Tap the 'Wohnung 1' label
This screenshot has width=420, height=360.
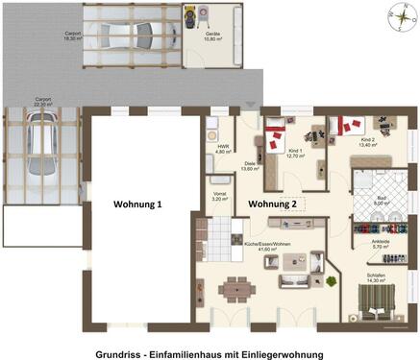[138, 204]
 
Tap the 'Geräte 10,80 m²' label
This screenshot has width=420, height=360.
[213, 48]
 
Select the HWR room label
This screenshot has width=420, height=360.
[222, 149]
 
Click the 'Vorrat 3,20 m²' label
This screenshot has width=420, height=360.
[220, 197]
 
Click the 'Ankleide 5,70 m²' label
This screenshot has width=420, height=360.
[379, 244]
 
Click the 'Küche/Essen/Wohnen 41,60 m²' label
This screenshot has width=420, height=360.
[266, 247]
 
